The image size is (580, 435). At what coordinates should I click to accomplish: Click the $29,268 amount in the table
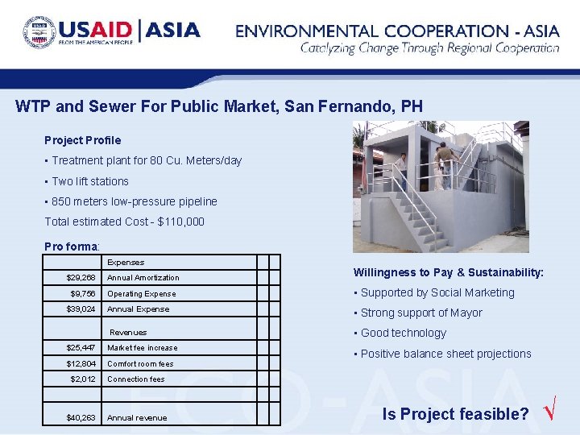pos(81,278)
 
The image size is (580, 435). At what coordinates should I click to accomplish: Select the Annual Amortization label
pos(143,278)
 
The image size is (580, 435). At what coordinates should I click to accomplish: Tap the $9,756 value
pos(83,294)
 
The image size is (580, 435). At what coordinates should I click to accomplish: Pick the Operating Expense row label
pos(141,294)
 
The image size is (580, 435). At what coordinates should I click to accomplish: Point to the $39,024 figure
pos(81,309)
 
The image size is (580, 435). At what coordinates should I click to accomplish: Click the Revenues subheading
pos(128,332)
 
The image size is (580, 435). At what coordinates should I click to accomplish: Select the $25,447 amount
pos(81,348)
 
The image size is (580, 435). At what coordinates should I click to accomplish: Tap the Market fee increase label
pos(143,348)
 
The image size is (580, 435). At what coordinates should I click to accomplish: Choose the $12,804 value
pos(81,363)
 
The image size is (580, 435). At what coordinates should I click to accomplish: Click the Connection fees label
pos(136,379)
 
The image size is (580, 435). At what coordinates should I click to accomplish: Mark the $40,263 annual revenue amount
pos(81,418)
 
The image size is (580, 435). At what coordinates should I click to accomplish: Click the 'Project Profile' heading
pos(82,140)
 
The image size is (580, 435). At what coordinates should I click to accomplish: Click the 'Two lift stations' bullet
pos(89,181)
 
